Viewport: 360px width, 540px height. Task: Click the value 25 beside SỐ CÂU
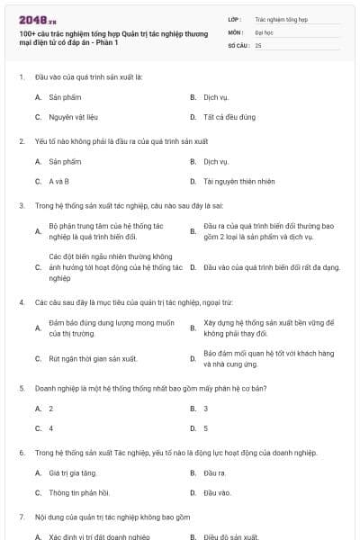tap(258, 44)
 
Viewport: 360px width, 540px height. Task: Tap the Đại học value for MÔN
tap(263, 31)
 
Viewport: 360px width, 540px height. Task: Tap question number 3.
tap(21, 205)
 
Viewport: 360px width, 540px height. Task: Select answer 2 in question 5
tap(51, 408)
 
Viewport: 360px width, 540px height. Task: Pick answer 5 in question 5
tap(206, 428)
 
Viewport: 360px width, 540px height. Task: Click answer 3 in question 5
tap(206, 408)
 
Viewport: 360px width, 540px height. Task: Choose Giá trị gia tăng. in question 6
tap(73, 472)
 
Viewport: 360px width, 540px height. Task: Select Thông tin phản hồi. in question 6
tap(76, 492)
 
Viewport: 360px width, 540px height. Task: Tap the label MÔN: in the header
tap(236, 31)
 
